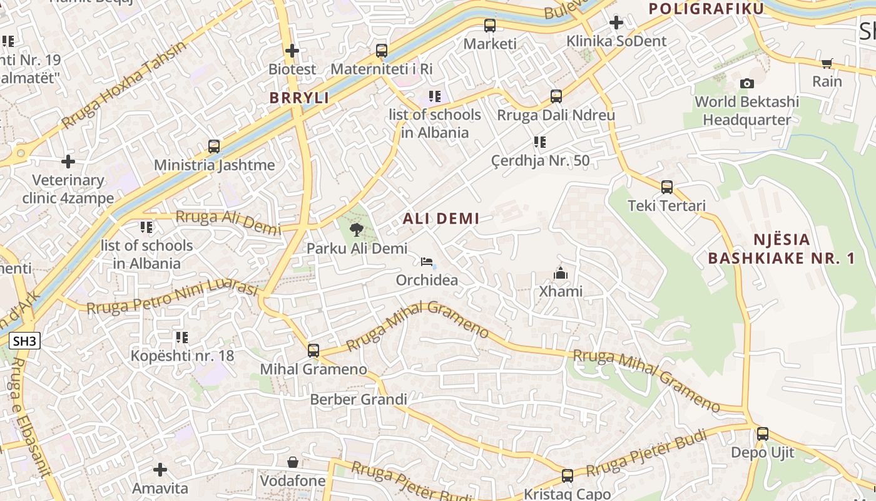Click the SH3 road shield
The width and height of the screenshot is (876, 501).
(25, 341)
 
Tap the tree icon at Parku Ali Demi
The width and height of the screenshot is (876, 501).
(357, 229)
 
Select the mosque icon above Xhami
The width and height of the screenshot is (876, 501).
(560, 273)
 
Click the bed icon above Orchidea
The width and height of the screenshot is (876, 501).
(427, 261)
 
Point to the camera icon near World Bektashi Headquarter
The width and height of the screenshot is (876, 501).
(746, 83)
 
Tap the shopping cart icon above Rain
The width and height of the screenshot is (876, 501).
(827, 63)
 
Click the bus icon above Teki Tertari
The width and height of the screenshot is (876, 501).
(667, 187)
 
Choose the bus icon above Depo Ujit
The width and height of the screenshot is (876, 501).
(762, 433)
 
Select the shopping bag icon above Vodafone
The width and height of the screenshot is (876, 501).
(292, 462)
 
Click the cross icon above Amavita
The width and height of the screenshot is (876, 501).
(160, 469)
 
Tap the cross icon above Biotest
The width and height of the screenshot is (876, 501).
(292, 50)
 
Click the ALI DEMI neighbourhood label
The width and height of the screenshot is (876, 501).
(441, 219)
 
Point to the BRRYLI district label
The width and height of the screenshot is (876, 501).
(299, 98)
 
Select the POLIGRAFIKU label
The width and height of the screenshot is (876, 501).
(706, 9)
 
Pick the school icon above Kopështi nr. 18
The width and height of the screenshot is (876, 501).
(181, 338)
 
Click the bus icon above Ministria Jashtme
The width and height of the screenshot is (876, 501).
(214, 147)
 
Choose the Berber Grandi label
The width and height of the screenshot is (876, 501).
(359, 399)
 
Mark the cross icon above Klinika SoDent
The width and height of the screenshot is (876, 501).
(616, 23)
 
